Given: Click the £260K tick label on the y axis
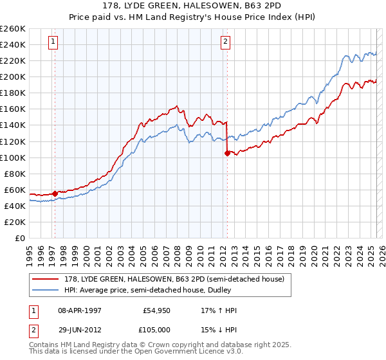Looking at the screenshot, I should (13, 28).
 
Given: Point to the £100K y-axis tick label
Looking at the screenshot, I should (13, 157).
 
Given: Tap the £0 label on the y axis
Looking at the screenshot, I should (19, 238).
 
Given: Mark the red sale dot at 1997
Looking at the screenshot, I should (55, 193).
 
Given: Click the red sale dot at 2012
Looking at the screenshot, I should (227, 153).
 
